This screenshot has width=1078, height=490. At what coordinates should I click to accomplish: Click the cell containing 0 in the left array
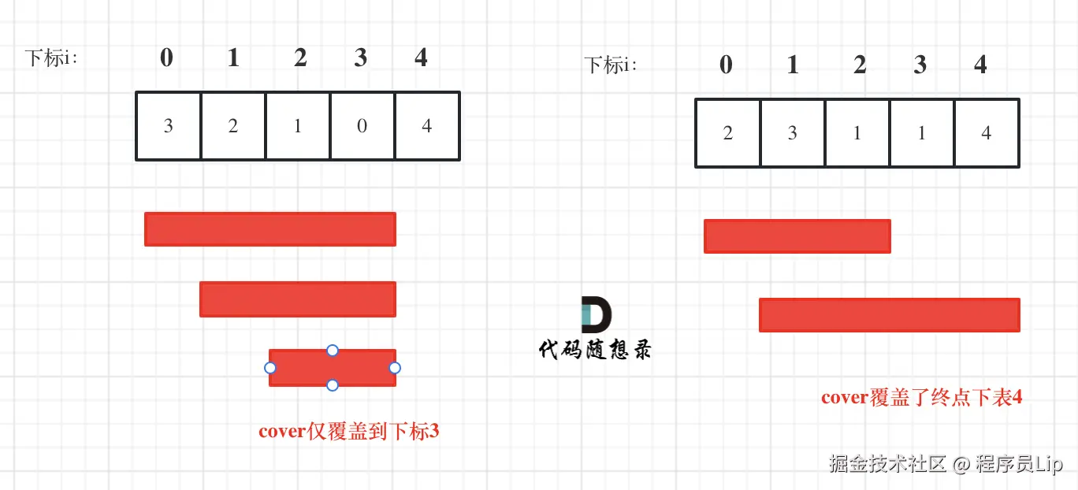[362, 126]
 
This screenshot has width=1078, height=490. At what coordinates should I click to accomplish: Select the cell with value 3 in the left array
[168, 126]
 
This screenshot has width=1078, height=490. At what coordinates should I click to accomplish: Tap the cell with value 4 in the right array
[987, 133]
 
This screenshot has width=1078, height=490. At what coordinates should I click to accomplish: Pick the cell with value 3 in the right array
[793, 133]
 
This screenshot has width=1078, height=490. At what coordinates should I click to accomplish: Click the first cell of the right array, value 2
[727, 133]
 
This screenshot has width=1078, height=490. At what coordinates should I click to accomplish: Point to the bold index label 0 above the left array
[166, 58]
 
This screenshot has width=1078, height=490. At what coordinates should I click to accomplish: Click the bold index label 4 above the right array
[980, 65]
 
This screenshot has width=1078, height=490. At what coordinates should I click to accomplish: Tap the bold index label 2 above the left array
[300, 58]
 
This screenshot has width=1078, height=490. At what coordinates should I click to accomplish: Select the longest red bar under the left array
[269, 229]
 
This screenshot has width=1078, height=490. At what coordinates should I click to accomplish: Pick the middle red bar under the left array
[297, 299]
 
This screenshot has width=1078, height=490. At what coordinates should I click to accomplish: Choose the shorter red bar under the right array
[797, 236]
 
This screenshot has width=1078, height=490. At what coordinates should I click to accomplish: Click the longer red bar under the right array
[889, 315]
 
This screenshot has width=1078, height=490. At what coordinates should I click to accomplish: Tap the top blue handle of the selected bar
[333, 350]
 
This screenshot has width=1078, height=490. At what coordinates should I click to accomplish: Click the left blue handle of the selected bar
[270, 368]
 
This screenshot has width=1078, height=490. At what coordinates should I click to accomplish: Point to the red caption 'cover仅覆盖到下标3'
[348, 432]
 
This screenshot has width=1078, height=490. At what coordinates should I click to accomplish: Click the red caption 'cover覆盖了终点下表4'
[921, 398]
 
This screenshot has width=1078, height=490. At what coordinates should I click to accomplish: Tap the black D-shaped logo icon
[596, 315]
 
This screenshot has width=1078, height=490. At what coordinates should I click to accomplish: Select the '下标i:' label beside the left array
[51, 58]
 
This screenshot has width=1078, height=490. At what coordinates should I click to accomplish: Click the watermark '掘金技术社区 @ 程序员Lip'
[946, 464]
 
